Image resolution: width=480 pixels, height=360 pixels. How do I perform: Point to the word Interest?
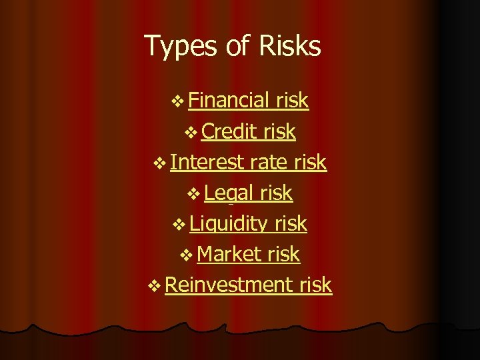208,162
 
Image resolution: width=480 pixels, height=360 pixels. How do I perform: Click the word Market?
230,254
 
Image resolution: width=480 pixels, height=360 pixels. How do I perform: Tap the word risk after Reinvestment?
315,285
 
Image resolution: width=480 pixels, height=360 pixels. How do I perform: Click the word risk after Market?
283,254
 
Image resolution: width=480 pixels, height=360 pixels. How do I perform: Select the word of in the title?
225,46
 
